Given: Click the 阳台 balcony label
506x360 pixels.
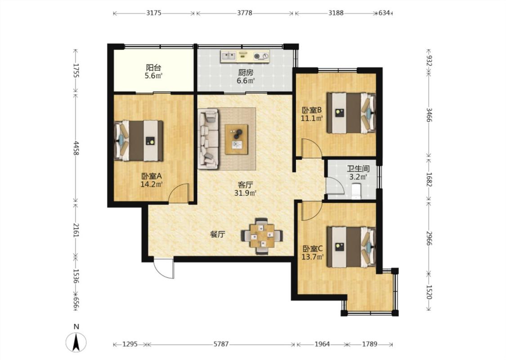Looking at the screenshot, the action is point(153,68).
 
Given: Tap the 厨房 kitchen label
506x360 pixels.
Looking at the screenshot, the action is point(246,72).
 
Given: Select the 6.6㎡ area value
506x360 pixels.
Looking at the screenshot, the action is point(246,81).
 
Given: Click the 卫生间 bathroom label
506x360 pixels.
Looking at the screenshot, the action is point(358,169).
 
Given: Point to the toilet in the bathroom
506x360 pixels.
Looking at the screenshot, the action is point(356,191).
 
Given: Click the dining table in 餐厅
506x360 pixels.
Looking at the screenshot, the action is point(262,236).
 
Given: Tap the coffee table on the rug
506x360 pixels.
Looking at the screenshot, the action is point(237,139).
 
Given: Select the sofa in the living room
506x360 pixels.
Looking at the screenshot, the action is point(208,139).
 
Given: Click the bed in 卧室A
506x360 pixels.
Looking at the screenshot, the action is point(139,140).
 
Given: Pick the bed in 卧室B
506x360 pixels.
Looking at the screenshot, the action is point(351,112).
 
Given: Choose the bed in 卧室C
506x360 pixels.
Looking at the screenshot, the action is point(351,247).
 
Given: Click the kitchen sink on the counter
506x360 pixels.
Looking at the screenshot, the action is point(229,56).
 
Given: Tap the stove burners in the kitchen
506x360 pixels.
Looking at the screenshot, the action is point(261,56).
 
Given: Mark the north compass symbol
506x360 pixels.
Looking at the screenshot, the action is point(76,342).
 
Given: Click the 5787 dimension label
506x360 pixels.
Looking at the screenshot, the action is point(221,344).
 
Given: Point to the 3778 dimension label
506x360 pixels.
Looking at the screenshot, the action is point(245,13).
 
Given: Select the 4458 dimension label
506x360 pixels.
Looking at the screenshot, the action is point(76,148).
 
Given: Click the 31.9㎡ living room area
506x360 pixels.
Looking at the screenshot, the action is point(245,193).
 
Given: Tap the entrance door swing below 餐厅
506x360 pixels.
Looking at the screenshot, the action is point(164,268).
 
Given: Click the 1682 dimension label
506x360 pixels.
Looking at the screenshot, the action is point(429,179).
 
